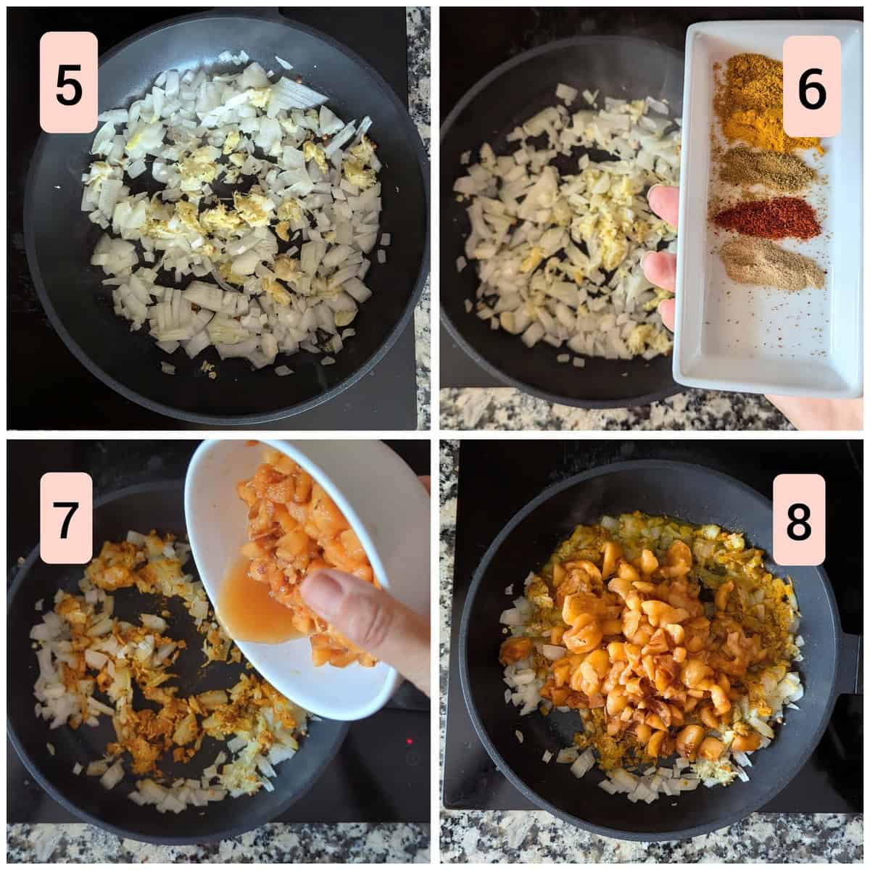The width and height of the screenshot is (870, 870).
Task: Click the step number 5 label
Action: pos(69,82)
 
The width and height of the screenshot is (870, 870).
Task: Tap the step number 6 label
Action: pos(811,86)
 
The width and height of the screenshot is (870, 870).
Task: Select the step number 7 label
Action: pos(67,518)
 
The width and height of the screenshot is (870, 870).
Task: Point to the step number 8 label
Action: pos(799,519)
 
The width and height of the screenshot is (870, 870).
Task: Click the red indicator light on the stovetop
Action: pos(410,742)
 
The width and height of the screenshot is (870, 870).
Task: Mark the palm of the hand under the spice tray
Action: pos(817,411)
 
